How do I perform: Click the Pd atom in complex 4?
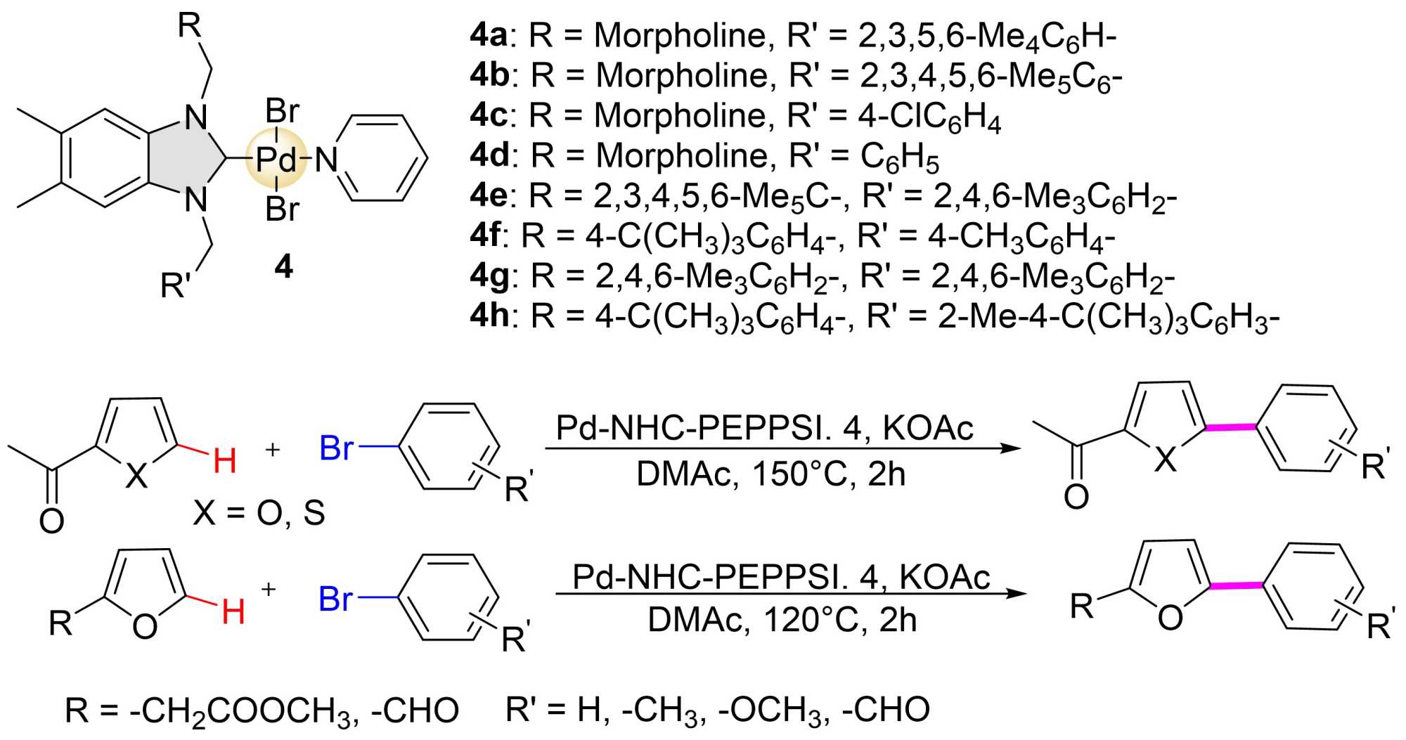(276, 161)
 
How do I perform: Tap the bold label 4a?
(489, 35)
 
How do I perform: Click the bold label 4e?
(489, 195)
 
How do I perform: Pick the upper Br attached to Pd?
(283, 111)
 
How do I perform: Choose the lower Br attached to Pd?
(283, 209)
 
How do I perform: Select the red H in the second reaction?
(233, 611)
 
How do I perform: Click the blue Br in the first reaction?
(336, 448)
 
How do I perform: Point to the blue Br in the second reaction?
(335, 599)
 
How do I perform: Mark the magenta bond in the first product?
(1230, 427)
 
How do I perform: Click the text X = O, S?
(259, 514)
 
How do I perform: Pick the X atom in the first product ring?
(1166, 460)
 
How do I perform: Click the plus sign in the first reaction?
(272, 449)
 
